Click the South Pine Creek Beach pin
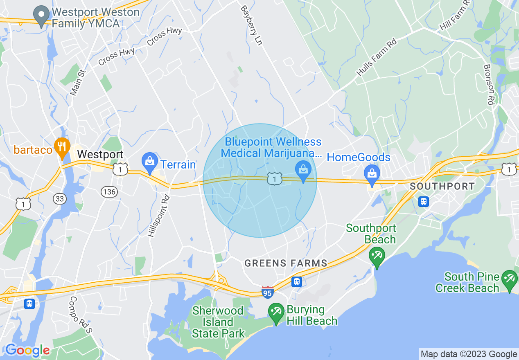(x=510, y=281)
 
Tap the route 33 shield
(x=59, y=199)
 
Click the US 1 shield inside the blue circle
(x=275, y=178)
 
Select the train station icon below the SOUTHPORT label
(x=424, y=201)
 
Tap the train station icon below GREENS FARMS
(x=297, y=281)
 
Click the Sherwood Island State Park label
(x=218, y=322)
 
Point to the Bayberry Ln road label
(x=251, y=25)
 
